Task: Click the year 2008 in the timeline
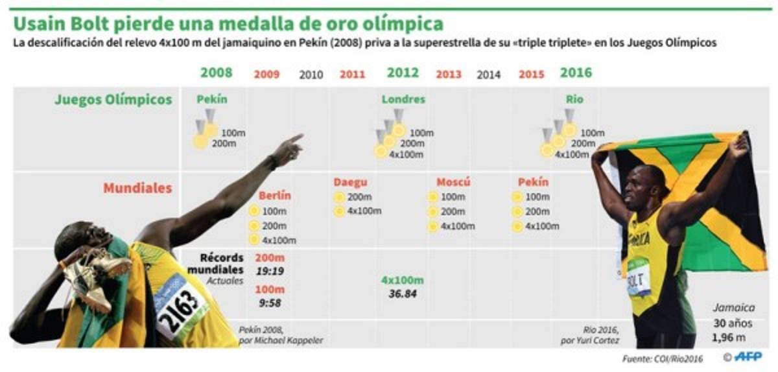click(217, 73)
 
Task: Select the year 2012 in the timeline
click(403, 73)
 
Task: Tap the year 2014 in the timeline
click(488, 75)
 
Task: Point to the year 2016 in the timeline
click(576, 73)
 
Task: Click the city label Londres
click(403, 100)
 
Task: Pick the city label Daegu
click(350, 183)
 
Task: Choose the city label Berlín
click(275, 196)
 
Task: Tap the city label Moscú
click(453, 182)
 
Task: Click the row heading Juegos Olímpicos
click(113, 100)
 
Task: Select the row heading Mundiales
click(137, 188)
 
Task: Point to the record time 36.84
click(402, 294)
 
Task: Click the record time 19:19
click(270, 271)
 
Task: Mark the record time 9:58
click(270, 302)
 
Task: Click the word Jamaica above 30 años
click(734, 308)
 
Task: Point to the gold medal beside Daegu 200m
click(339, 197)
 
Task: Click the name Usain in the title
click(43, 24)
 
